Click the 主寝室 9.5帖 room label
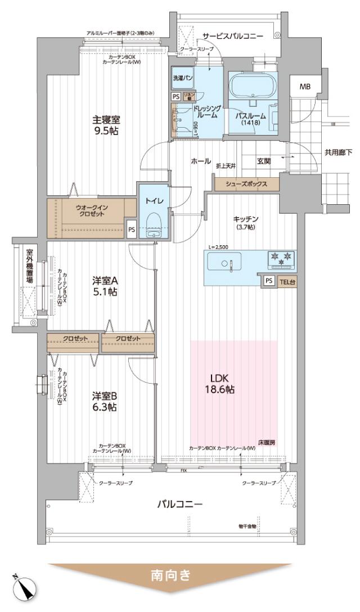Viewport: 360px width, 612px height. click(x=106, y=125)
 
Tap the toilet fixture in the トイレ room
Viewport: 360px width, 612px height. click(x=152, y=224)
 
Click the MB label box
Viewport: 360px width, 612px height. click(x=304, y=87)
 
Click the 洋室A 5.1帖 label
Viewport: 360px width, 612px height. click(x=105, y=285)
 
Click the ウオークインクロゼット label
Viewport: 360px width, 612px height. click(x=92, y=211)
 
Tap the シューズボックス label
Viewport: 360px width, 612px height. click(x=246, y=184)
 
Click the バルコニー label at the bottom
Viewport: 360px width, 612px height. click(x=179, y=504)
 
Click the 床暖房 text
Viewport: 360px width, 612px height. click(x=267, y=442)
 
